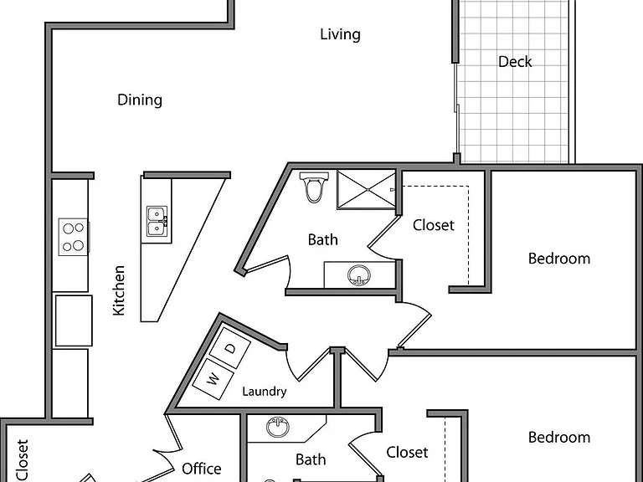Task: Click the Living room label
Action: click(x=341, y=34)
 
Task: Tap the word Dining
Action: click(x=140, y=100)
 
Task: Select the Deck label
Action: click(x=515, y=62)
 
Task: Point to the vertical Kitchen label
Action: click(x=119, y=290)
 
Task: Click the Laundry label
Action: click(x=265, y=392)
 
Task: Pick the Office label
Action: click(x=201, y=469)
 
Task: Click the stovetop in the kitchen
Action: click(x=74, y=237)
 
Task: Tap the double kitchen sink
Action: click(x=157, y=221)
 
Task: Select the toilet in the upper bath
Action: click(x=314, y=187)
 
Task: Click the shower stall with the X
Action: click(x=366, y=190)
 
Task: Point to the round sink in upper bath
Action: click(x=359, y=275)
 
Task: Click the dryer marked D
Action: click(x=230, y=348)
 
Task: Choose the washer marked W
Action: click(x=213, y=379)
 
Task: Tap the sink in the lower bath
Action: click(x=278, y=427)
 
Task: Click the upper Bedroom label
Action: click(x=559, y=259)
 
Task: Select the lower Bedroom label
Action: click(x=559, y=438)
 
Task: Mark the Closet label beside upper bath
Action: click(x=434, y=225)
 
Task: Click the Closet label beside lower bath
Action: click(x=407, y=452)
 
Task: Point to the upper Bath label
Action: click(x=323, y=239)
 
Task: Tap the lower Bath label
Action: click(x=311, y=459)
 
